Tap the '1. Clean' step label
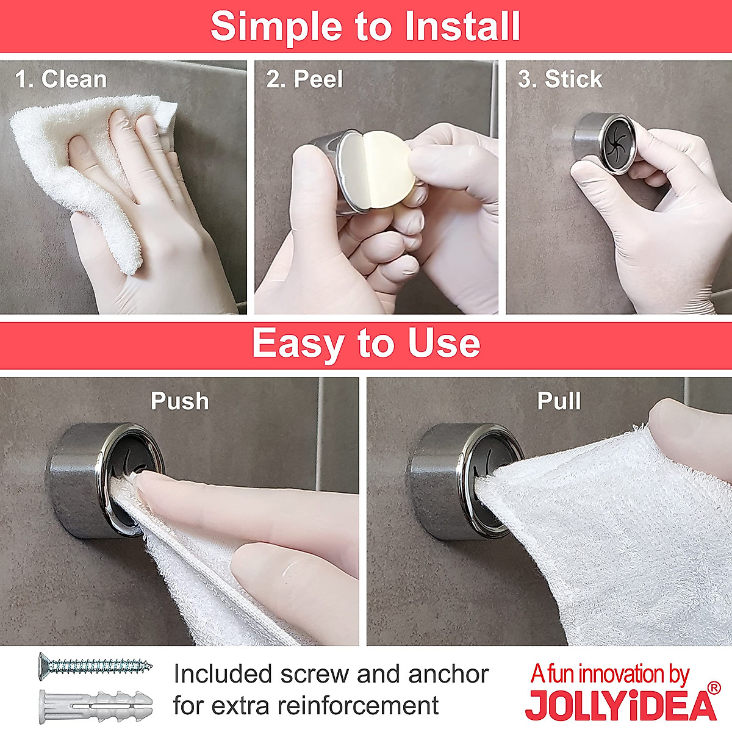[61, 79]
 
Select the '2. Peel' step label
[304, 79]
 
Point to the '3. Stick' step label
[560, 79]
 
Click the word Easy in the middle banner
[298, 343]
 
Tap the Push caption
[180, 401]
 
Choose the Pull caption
[559, 401]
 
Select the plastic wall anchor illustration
[95, 704]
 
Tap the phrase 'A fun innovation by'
[610, 674]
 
